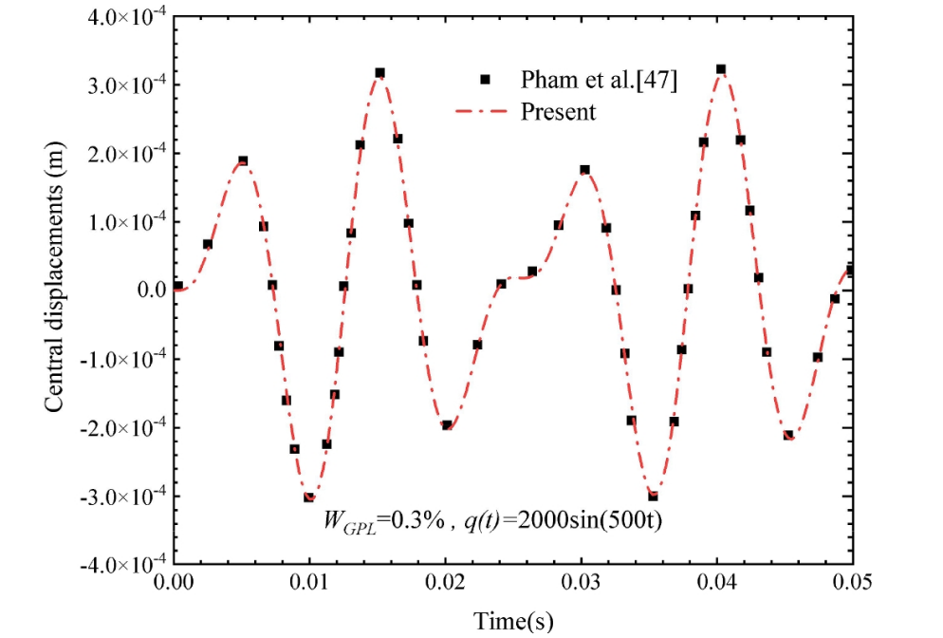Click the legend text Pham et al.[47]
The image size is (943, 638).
[599, 82]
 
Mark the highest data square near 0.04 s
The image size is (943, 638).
[721, 69]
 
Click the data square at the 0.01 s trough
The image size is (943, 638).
[309, 497]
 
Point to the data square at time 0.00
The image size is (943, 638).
[177, 286]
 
